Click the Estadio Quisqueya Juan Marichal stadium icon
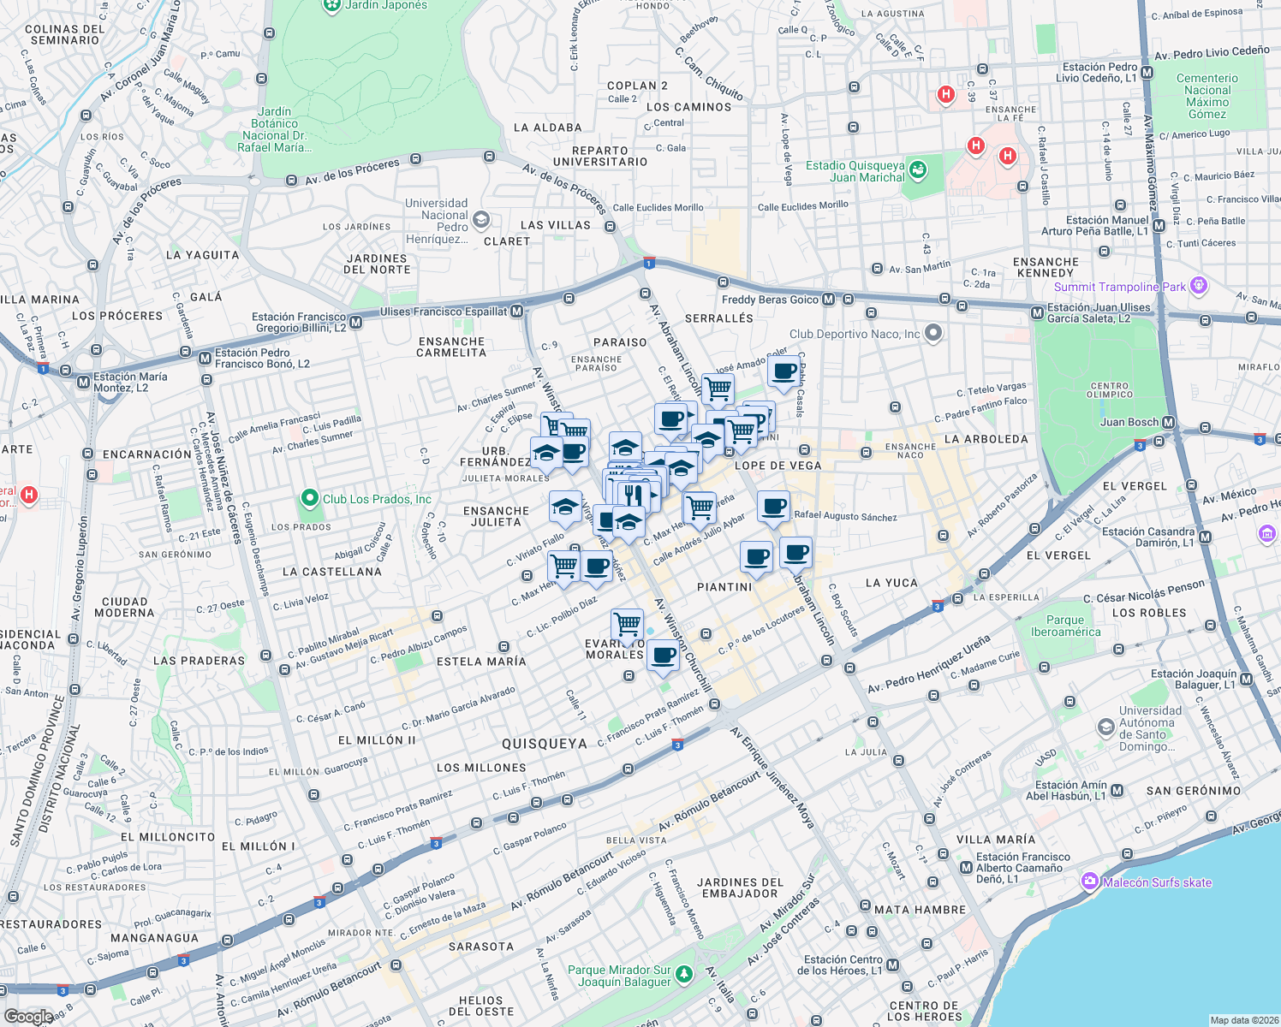(918, 169)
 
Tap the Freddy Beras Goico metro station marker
(828, 300)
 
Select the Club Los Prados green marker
(309, 498)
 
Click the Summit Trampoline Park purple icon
(1199, 286)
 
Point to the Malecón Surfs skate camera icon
(1089, 881)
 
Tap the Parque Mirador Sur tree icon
(683, 974)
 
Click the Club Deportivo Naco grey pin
(933, 333)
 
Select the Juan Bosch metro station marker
(1169, 422)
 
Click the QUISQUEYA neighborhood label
(545, 744)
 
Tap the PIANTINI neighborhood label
(724, 587)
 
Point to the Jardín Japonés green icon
(331, 6)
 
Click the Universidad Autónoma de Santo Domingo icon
(1105, 727)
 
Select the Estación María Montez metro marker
(83, 382)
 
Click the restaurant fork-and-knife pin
(633, 495)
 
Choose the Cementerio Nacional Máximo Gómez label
(1207, 96)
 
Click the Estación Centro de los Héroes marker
(893, 965)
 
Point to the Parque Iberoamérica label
(1065, 626)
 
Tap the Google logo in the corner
(28, 1016)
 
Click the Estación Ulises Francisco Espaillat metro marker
(516, 312)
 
